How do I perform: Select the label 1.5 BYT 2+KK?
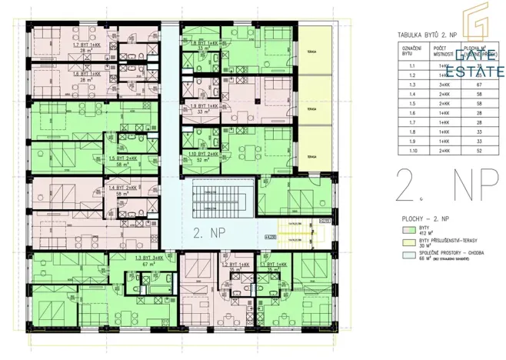[123, 158]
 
